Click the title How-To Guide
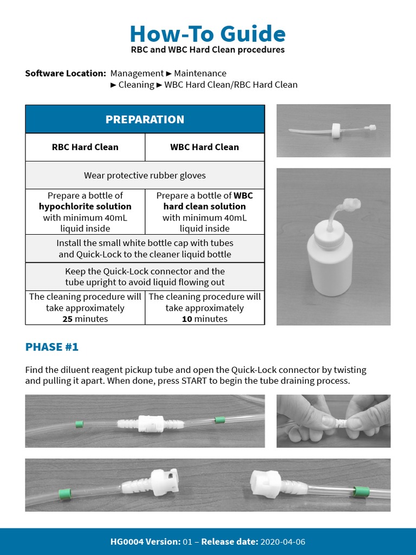pyautogui.click(x=207, y=34)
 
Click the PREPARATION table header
pyautogui.click(x=145, y=119)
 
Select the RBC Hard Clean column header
pyautogui.click(x=85, y=147)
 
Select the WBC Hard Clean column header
pyautogui.click(x=204, y=147)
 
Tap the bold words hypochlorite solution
pyautogui.click(x=85, y=206)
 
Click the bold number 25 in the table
pyautogui.click(x=68, y=319)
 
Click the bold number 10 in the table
pyautogui.click(x=187, y=319)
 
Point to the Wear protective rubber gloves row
pyautogui.click(x=145, y=176)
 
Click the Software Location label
pyautogui.click(x=66, y=73)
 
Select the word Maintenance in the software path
pyautogui.click(x=200, y=73)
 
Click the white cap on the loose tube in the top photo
pyautogui.click(x=336, y=130)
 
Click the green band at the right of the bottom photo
pyautogui.click(x=361, y=492)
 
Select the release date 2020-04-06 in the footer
pyautogui.click(x=286, y=541)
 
